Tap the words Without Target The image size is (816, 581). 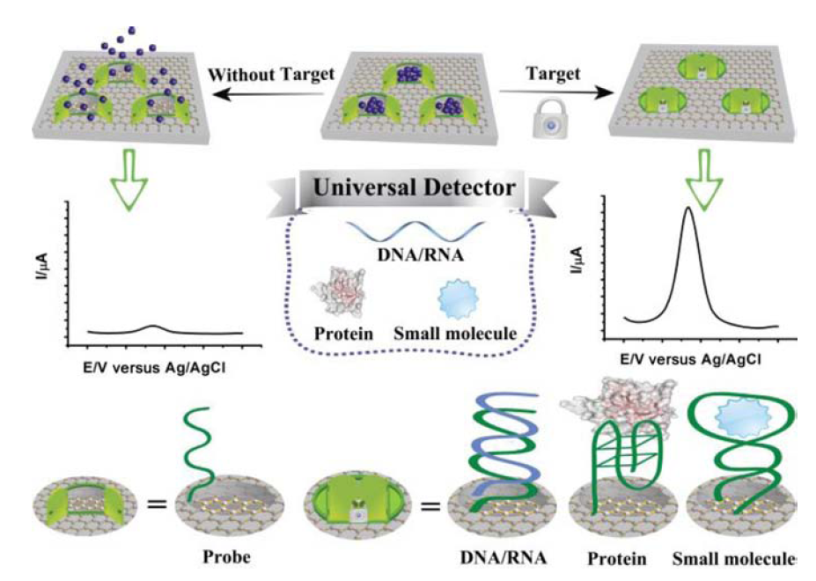pyautogui.click(x=272, y=74)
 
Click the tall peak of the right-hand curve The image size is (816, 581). pyautogui.click(x=687, y=211)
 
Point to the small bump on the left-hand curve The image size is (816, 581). pyautogui.click(x=152, y=327)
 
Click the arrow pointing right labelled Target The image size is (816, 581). pyautogui.click(x=555, y=91)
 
